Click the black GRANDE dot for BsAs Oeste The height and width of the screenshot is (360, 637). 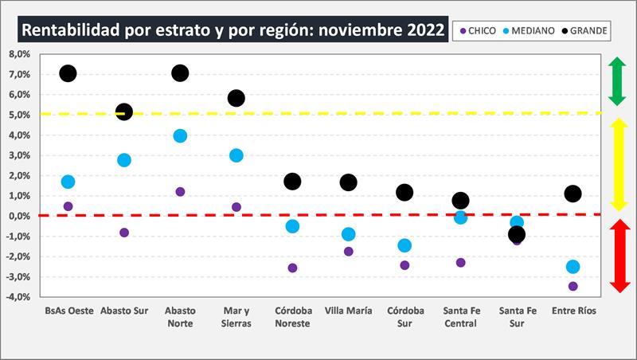pos(68,73)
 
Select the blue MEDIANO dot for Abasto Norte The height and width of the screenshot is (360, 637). pos(180,136)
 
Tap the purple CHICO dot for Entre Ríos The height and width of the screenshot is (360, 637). pos(573,286)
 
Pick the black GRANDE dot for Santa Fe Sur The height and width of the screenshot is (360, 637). pos(517,234)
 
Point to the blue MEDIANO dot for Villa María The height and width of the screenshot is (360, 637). pos(348,234)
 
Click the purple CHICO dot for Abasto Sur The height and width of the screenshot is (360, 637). pos(124,233)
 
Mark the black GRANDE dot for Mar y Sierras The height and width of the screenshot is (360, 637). pos(236,98)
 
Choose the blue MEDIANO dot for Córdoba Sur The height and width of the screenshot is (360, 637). pos(404,245)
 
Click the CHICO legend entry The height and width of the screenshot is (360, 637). pos(478,31)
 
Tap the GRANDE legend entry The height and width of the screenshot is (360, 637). pos(583,31)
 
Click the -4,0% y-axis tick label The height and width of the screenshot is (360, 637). pos(17,297)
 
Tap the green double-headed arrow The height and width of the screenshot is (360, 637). pos(617,81)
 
